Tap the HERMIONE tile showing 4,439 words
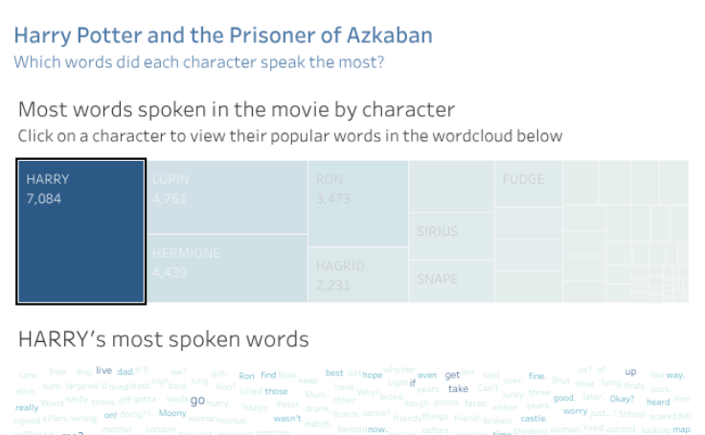click(x=228, y=269)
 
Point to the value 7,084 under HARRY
click(x=44, y=198)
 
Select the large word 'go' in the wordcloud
click(x=198, y=401)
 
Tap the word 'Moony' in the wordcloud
click(x=172, y=414)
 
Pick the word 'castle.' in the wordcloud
click(x=534, y=419)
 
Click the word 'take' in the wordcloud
click(x=459, y=389)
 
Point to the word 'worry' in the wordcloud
click(x=575, y=411)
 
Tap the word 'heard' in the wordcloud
click(x=658, y=402)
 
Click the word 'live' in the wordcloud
click(x=103, y=370)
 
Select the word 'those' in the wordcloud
click(x=276, y=391)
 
